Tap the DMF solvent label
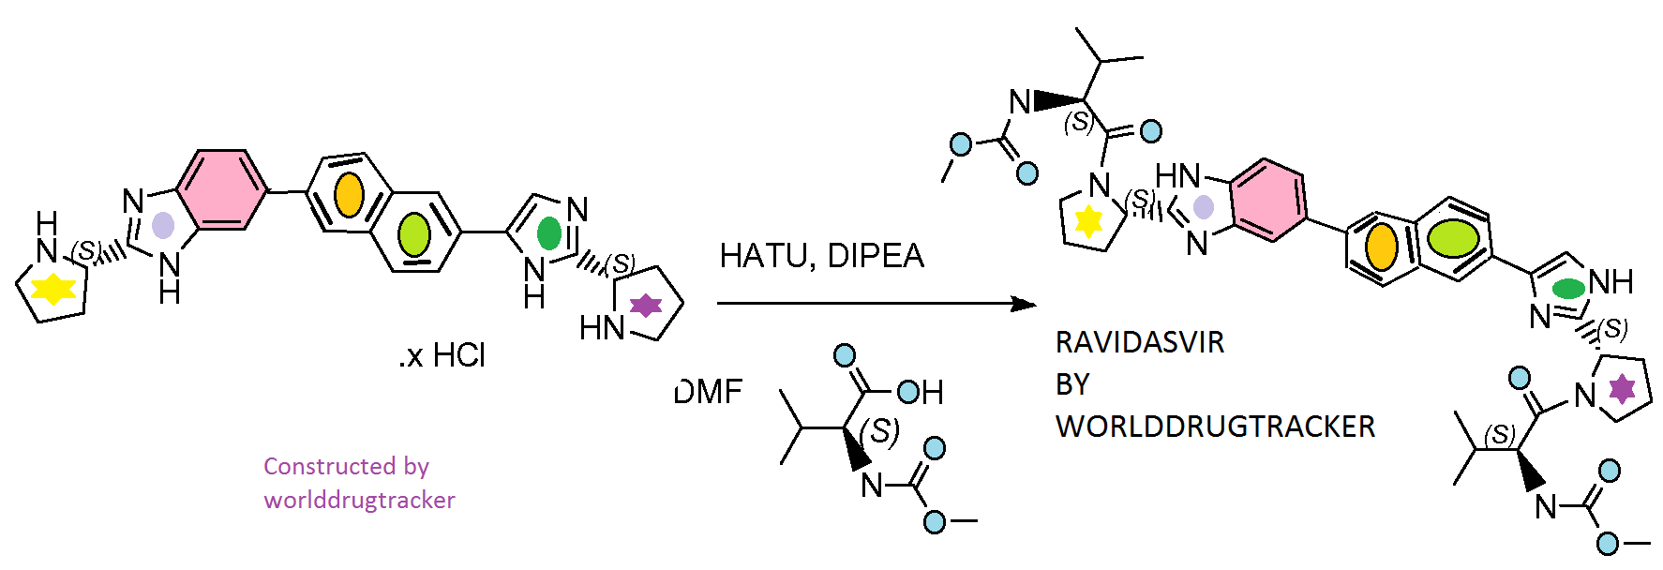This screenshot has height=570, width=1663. [709, 391]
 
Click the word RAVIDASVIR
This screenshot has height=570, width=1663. [1140, 342]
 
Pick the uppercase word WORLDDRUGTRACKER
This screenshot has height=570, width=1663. [1215, 427]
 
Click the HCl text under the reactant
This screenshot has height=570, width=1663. [458, 355]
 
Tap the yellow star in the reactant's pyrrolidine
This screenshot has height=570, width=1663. [53, 289]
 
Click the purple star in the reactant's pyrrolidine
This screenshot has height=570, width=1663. [645, 305]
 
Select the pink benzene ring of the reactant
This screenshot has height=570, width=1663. [222, 189]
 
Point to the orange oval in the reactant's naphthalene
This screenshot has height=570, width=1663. [349, 195]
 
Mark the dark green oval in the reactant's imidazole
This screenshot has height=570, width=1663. [549, 233]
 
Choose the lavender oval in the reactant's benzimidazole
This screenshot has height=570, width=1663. [163, 225]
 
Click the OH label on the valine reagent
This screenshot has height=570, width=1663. [921, 392]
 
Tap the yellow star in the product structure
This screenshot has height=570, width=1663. [1088, 221]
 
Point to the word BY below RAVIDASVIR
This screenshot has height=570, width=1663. [1072, 384]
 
